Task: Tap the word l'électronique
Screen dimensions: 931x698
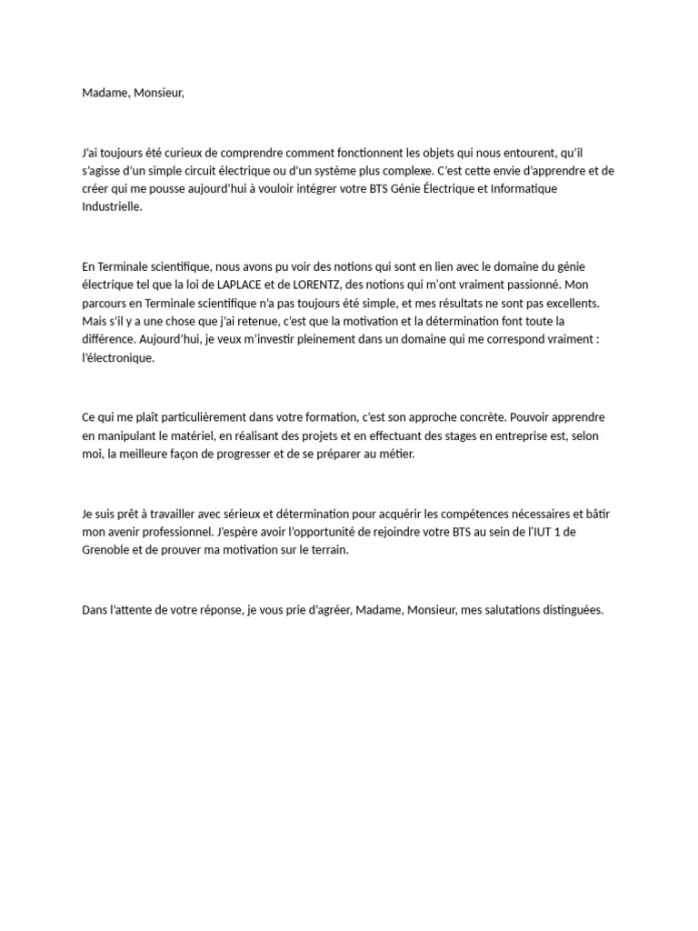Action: (118, 357)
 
